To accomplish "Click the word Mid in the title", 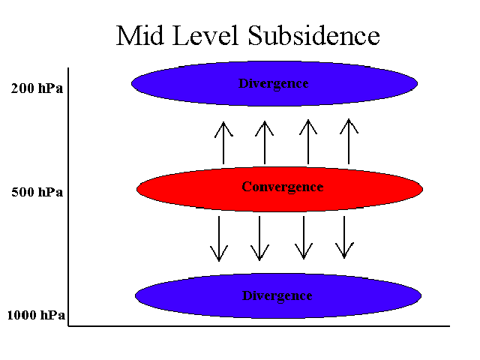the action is pyautogui.click(x=139, y=35).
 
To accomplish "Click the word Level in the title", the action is pyautogui.click(x=205, y=35).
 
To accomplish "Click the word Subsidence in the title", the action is pyautogui.click(x=313, y=35).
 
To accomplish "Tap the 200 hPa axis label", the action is pyautogui.click(x=37, y=88).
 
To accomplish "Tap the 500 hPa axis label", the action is pyautogui.click(x=37, y=192).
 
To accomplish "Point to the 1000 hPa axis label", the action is pyautogui.click(x=36, y=315).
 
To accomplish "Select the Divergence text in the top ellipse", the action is pyautogui.click(x=273, y=84).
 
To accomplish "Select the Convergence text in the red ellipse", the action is pyautogui.click(x=283, y=187).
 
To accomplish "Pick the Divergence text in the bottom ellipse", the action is pyautogui.click(x=277, y=296).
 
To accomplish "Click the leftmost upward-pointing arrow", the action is pyautogui.click(x=223, y=143).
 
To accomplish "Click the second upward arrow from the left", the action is pyautogui.click(x=265, y=142).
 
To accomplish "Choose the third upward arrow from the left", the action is pyautogui.click(x=308, y=142).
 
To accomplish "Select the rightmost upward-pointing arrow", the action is pyautogui.click(x=349, y=142).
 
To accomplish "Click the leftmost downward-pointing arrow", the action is pyautogui.click(x=219, y=238).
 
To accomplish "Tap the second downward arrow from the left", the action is pyautogui.click(x=259, y=238).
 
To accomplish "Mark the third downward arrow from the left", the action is pyautogui.click(x=304, y=238).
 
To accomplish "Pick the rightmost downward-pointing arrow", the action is pyautogui.click(x=344, y=238).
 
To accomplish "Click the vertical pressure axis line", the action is pyautogui.click(x=68, y=196).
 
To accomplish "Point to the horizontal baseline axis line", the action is pyautogui.click(x=259, y=326).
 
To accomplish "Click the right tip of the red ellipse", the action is pyautogui.click(x=423, y=189).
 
